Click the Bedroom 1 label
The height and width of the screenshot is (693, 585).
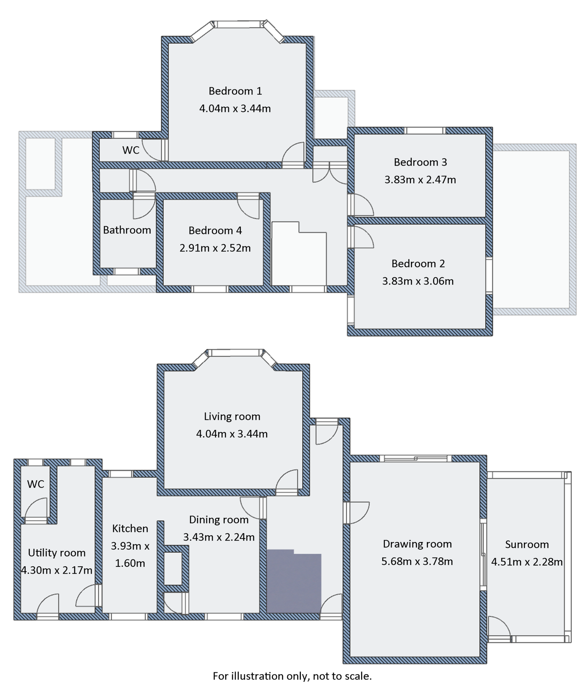[x=235, y=91]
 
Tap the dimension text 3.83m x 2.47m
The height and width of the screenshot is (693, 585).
[x=420, y=180]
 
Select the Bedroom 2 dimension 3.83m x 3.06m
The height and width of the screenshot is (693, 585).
[x=418, y=281]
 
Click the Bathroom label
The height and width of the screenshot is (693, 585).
[x=127, y=230]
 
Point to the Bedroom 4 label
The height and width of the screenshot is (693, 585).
[x=215, y=231]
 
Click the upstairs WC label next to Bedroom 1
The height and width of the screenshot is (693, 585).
[x=131, y=150]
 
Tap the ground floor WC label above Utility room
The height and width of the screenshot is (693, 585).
[x=35, y=484]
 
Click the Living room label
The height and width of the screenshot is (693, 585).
[x=232, y=417]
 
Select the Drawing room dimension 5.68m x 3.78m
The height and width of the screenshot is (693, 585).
[x=417, y=561]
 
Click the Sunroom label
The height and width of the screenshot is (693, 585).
[x=526, y=544]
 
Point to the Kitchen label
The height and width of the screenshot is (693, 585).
[x=130, y=529]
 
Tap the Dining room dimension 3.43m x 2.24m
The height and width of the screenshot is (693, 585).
[x=219, y=537]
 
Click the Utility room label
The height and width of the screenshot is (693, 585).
[x=57, y=553]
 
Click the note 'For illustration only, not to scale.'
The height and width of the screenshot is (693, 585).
[x=292, y=676]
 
